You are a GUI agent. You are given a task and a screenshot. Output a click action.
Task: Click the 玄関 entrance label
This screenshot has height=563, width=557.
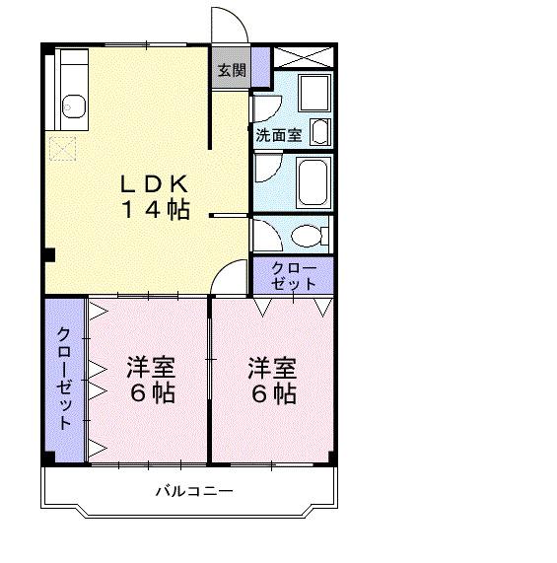(232, 70)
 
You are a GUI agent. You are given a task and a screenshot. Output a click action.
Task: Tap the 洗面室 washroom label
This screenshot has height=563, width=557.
(279, 135)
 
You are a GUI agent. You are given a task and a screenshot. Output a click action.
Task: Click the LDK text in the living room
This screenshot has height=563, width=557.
(154, 184)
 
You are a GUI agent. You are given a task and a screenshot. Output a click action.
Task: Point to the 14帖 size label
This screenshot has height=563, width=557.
(155, 209)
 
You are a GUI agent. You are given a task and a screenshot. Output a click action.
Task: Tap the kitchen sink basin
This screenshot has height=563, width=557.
(74, 104)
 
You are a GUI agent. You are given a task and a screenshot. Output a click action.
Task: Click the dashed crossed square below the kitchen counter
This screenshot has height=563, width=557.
(65, 149)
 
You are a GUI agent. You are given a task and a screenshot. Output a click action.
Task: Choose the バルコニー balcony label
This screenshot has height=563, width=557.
(193, 491)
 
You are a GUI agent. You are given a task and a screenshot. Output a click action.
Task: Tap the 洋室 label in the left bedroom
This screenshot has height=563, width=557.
(150, 369)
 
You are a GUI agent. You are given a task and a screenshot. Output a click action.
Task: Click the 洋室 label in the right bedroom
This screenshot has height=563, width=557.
(272, 369)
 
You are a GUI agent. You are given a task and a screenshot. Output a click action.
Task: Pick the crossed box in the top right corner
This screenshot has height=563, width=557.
(303, 56)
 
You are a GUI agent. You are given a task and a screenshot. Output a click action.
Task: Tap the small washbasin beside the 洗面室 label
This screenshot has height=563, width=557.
(320, 131)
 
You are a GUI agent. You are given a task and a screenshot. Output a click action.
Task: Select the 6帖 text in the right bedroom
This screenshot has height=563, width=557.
(272, 393)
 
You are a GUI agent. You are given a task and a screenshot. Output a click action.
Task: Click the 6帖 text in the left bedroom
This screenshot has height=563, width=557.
(150, 393)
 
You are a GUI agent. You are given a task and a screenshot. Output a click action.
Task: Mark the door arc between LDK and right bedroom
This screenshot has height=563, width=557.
(230, 278)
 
